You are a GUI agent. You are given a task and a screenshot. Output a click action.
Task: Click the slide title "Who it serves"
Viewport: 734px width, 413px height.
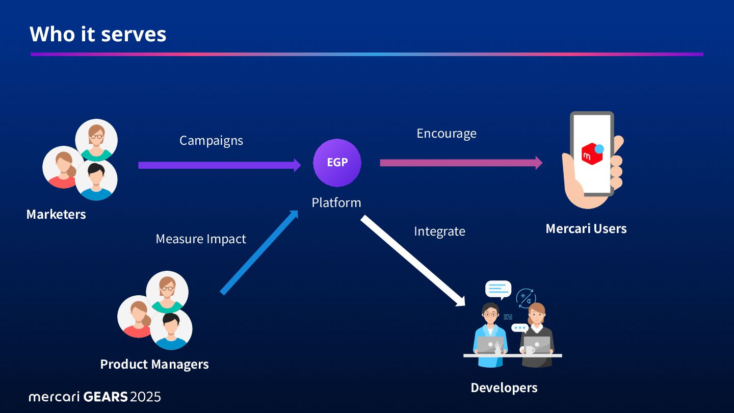pyautogui.click(x=98, y=34)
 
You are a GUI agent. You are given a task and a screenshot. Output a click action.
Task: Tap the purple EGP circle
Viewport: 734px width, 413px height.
pyautogui.click(x=337, y=163)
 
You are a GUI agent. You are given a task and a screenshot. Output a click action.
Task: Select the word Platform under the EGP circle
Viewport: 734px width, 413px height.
pyautogui.click(x=336, y=202)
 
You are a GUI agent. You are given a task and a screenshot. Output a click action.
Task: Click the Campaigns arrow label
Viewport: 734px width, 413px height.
pyautogui.click(x=211, y=140)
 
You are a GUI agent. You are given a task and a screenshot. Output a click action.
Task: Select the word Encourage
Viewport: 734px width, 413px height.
pyautogui.click(x=447, y=133)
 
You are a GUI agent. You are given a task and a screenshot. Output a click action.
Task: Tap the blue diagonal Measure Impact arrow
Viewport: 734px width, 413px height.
pyautogui.click(x=259, y=252)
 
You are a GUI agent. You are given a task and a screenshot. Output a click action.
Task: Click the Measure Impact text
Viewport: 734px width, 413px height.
pyautogui.click(x=201, y=239)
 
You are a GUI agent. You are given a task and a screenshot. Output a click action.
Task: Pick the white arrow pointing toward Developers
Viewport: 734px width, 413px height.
pyautogui.click(x=413, y=261)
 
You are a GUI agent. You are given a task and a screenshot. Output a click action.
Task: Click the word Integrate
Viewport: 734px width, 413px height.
pyautogui.click(x=439, y=231)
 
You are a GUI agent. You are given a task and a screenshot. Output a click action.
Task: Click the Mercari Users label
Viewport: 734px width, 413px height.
pyautogui.click(x=586, y=228)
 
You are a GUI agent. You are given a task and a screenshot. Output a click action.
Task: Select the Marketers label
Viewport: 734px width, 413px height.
pyautogui.click(x=56, y=214)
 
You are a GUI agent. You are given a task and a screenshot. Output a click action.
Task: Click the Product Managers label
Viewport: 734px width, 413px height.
pyautogui.click(x=154, y=364)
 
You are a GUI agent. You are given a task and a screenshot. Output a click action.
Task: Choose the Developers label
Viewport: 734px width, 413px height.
pyautogui.click(x=504, y=388)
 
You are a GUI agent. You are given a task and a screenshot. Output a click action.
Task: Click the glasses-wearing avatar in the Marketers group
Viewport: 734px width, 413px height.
pyautogui.click(x=96, y=140)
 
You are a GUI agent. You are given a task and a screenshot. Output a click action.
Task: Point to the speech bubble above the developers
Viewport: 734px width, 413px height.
pyautogui.click(x=498, y=289)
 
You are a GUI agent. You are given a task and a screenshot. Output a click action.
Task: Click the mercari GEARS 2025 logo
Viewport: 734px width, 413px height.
pyautogui.click(x=95, y=396)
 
